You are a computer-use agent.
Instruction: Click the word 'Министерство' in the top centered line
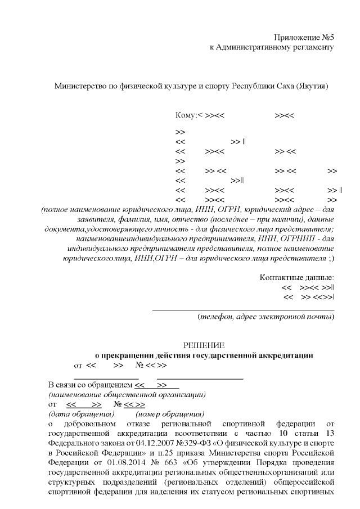pos(77,86)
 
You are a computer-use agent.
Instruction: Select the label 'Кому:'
pos(184,115)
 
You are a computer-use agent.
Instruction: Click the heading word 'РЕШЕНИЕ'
pos(204,345)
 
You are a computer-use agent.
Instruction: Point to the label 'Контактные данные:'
pos(296,277)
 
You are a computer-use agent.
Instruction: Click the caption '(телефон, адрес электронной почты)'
pos(266,317)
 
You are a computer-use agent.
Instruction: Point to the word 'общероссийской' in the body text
pos(307,481)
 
